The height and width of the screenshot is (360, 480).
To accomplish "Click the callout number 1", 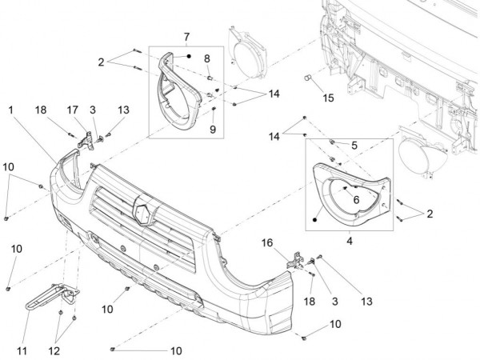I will click(12, 109).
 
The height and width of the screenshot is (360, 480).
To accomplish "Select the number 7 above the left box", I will click(186, 38).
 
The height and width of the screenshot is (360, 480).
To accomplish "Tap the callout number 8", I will click(206, 58).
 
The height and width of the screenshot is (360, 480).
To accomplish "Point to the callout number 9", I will click(214, 129).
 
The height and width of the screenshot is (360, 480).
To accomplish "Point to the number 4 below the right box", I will click(350, 238).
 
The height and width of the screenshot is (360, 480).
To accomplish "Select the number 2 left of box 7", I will click(102, 61).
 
